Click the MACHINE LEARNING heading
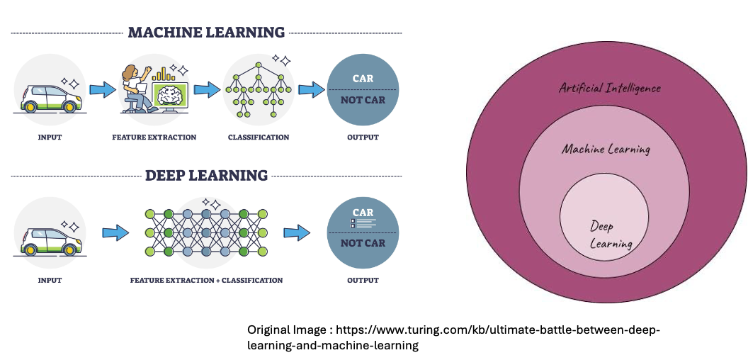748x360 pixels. coord(206,33)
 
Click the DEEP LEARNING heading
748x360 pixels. coord(206,175)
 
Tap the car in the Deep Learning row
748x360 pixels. coord(49,239)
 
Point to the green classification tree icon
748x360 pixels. coord(258,89)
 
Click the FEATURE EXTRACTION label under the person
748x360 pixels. coord(154,137)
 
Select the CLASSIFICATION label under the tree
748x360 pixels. coord(259,137)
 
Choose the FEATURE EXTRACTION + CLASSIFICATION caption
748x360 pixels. coord(206,280)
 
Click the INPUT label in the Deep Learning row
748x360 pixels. coord(50,280)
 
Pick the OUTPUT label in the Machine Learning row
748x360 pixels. coord(363,137)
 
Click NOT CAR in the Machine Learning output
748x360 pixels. coord(363,101)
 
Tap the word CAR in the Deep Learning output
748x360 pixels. coord(363,213)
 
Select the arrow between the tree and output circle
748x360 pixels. coord(310,90)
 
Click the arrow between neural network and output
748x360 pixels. coord(297,232)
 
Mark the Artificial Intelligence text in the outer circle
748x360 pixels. coord(610,88)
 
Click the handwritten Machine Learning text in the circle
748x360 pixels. coord(606,149)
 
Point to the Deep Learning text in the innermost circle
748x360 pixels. coord(608,235)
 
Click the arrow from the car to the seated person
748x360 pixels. coord(103,90)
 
